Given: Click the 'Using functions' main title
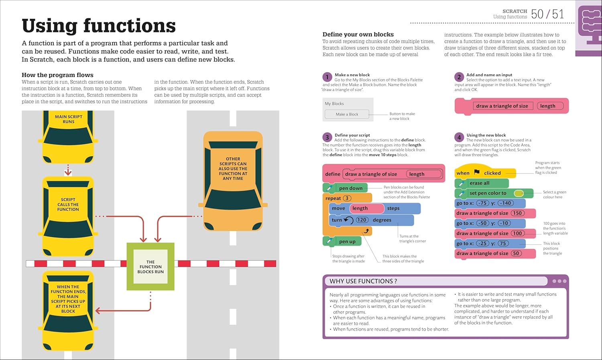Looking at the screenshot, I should pyautogui.click(x=99, y=26).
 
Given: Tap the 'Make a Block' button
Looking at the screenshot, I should pyautogui.click(x=347, y=114).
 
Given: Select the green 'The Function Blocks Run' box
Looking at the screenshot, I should pyautogui.click(x=150, y=266).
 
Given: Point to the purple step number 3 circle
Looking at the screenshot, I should pyautogui.click(x=327, y=137).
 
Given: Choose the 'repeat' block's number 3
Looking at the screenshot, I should pyautogui.click(x=347, y=198).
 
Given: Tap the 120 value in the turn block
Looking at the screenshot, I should pyautogui.click(x=362, y=220).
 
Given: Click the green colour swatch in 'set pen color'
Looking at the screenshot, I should pyautogui.click(x=519, y=193).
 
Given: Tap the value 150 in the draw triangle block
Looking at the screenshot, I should pyautogui.click(x=517, y=213).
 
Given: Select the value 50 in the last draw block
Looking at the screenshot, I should pyautogui.click(x=516, y=253).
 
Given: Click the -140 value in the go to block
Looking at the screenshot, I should pyautogui.click(x=505, y=203).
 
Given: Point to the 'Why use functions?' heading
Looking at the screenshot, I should pyautogui.click(x=363, y=281).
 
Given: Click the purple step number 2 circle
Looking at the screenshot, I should pyautogui.click(x=459, y=77).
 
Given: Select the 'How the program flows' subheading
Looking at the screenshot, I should pyautogui.click(x=57, y=75).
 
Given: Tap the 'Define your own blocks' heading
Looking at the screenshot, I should pyautogui.click(x=358, y=35).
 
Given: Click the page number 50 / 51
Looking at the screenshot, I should pyautogui.click(x=547, y=14).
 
